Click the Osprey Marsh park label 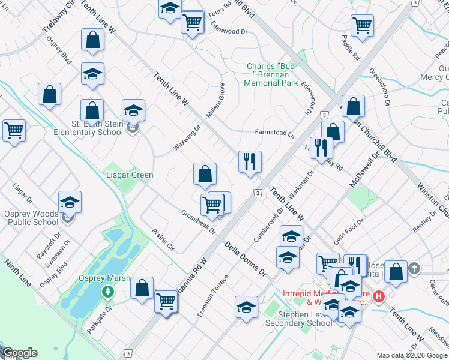[100, 278]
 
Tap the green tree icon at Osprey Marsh [108, 292]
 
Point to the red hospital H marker [379, 296]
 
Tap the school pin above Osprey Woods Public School [70, 203]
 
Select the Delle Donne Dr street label [246, 259]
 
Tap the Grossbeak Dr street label [198, 222]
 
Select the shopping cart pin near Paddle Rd [362, 26]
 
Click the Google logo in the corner [20, 353]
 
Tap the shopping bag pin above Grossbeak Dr [205, 175]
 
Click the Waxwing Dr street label [186, 138]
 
